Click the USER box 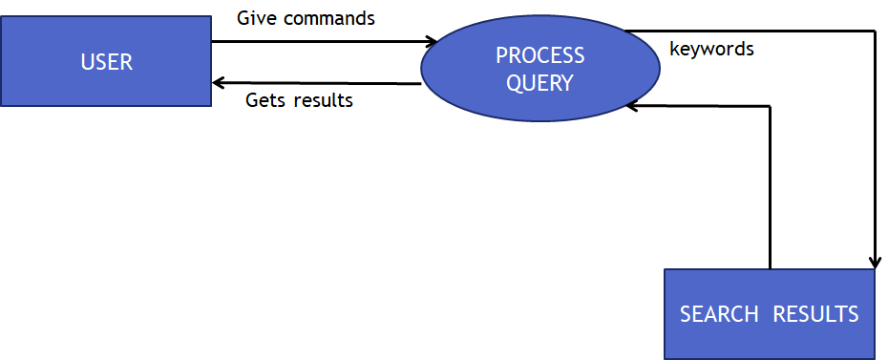(105, 61)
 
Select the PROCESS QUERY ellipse (539, 69)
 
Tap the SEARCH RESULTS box (769, 314)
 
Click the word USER (106, 63)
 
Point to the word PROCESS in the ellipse (539, 56)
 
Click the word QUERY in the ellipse (539, 83)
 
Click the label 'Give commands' (306, 17)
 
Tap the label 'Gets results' (299, 99)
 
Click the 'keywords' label (711, 49)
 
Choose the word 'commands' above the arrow (327, 17)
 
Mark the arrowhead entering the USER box (218, 83)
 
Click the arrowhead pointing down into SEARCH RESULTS (874, 263)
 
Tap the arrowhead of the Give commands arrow (432, 42)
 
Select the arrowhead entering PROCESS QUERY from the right (630, 106)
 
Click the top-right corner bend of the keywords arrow (874, 32)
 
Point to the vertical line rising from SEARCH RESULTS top (770, 191)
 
